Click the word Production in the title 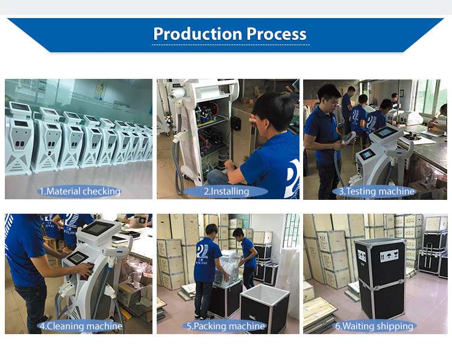[198, 34]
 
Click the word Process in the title [276, 34]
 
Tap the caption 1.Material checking [80, 191]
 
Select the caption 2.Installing [226, 191]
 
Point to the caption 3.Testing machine [377, 191]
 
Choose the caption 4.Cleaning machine [81, 326]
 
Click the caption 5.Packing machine [226, 326]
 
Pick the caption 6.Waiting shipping [374, 326]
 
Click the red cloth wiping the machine [87, 271]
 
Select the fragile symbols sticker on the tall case [389, 256]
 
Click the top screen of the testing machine [386, 132]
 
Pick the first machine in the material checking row [19, 138]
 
